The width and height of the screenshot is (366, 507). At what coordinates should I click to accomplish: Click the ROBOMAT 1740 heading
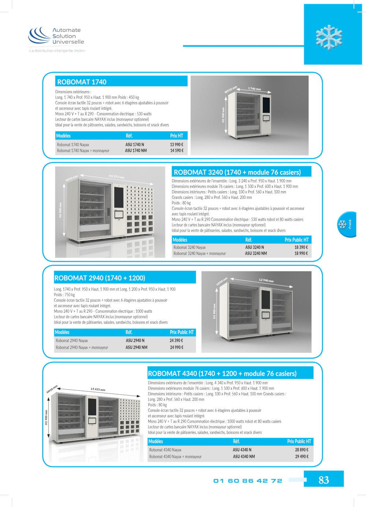coord(82,82)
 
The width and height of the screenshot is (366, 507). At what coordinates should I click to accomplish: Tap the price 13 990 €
coord(176,145)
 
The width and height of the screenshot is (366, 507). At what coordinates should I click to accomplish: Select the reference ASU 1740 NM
coord(136,151)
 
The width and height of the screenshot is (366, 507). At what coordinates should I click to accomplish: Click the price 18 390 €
coord(301,247)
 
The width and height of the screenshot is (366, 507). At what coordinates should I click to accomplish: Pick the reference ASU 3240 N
coord(254,247)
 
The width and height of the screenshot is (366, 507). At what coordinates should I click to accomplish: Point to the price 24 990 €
coord(176,347)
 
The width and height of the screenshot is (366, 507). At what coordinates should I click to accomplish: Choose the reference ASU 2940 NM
coord(137,347)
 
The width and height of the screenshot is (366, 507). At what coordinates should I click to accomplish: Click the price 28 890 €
coord(302,450)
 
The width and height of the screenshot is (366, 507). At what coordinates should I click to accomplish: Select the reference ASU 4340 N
coord(242,450)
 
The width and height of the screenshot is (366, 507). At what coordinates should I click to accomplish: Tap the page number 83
coord(324,480)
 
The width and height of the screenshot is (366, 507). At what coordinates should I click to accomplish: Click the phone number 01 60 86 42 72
coord(248,481)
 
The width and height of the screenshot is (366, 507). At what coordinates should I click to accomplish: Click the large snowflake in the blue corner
coord(329,37)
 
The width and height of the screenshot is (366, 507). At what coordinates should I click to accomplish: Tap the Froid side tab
coord(347,224)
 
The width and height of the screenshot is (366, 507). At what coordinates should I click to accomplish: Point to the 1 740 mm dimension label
coord(254,89)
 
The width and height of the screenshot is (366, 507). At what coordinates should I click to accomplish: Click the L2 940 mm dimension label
coord(266,280)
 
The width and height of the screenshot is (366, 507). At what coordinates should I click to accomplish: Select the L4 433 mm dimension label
coord(98,389)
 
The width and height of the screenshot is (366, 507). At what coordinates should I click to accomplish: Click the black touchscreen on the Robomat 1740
coord(266,105)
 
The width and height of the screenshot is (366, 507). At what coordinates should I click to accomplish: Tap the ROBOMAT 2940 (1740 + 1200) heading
coord(100,278)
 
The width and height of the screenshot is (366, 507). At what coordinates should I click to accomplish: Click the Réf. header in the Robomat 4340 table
coord(236,441)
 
